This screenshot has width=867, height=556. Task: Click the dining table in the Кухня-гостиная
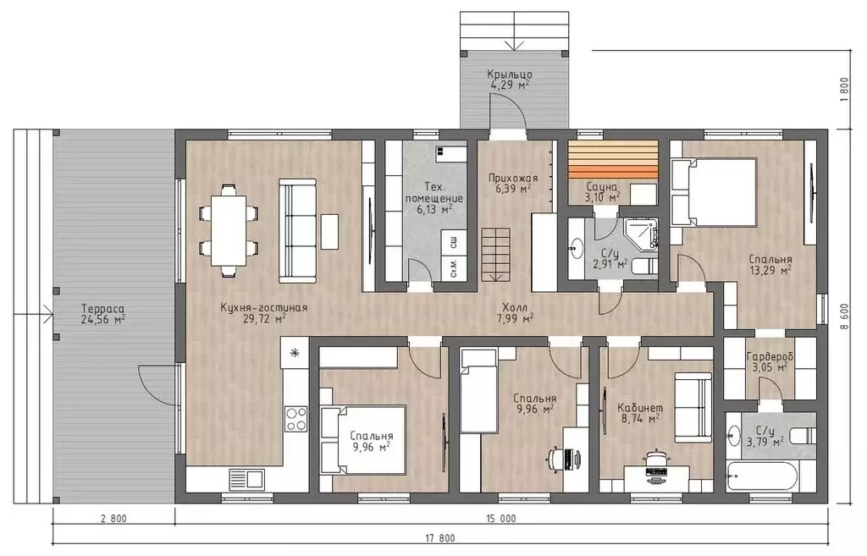click(x=229, y=230)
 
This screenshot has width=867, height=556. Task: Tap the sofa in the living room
click(x=297, y=230)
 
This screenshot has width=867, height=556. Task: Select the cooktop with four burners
click(x=296, y=418)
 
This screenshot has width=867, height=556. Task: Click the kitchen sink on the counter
click(x=246, y=479)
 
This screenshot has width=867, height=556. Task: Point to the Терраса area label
click(x=102, y=313)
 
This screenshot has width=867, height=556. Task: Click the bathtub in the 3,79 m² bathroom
click(x=770, y=476)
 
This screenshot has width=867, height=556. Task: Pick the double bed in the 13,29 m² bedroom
click(x=713, y=192)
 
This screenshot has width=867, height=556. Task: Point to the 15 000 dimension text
click(x=501, y=519)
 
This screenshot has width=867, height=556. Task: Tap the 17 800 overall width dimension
click(x=440, y=537)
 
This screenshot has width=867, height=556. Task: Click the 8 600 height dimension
click(x=844, y=318)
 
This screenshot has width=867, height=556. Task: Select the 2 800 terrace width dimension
click(x=114, y=519)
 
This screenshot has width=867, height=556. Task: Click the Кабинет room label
click(x=640, y=408)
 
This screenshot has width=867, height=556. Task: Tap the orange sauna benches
click(x=613, y=160)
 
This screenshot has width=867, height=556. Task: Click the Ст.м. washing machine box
click(x=454, y=267)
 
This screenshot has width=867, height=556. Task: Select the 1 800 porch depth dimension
click(x=844, y=88)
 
